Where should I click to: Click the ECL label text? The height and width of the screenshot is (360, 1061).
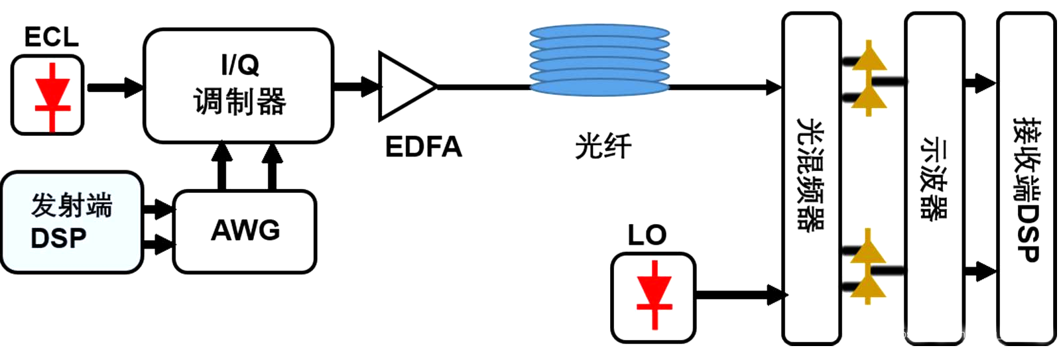click(51, 36)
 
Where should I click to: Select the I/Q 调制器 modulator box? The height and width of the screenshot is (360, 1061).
click(238, 86)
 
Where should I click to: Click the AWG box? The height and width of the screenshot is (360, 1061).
click(245, 231)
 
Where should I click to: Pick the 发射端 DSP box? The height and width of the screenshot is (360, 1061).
click(72, 221)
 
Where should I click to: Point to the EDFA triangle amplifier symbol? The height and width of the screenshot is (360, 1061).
click(404, 86)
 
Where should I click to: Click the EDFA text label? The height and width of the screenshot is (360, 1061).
click(423, 147)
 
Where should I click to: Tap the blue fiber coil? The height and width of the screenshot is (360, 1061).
click(599, 60)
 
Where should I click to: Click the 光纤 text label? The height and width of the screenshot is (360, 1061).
click(603, 146)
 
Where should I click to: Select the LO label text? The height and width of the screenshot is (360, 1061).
click(647, 235)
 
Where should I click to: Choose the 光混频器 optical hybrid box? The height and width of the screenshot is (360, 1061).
click(811, 178)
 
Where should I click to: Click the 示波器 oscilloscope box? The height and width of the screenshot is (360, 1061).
click(934, 178)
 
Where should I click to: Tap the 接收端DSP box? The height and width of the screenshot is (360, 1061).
click(1026, 178)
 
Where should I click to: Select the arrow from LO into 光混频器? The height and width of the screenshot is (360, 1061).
click(740, 294)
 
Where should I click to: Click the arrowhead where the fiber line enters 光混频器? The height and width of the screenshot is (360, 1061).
click(773, 87)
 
